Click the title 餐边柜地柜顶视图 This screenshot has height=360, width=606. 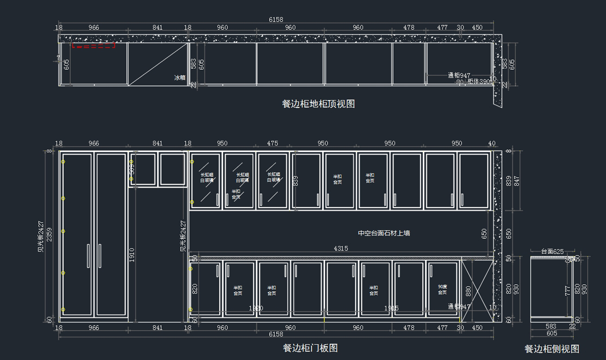click(318, 104)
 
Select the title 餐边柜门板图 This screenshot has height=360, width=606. click(310, 348)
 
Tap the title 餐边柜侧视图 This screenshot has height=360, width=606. click(551, 349)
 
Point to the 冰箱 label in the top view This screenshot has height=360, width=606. click(180, 78)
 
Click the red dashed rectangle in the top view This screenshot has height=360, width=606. click(93, 46)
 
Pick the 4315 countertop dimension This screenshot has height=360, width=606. click(340, 248)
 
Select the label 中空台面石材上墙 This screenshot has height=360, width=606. click(384, 233)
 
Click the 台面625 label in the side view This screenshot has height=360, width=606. click(552, 251)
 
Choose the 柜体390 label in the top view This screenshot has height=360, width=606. click(478, 81)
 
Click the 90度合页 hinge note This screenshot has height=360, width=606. click(442, 289)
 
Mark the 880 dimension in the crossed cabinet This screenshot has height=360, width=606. click(468, 291)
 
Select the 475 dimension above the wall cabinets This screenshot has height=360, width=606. click(272, 143)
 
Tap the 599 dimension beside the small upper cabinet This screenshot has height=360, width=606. click(132, 169)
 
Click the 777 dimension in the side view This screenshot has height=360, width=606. click(568, 290)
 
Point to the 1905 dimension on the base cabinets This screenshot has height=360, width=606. click(391, 308)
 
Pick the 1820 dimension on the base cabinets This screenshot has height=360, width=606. click(256, 308)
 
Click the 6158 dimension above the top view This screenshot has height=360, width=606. click(276, 19)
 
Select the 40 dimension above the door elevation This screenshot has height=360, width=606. click(492, 143)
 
